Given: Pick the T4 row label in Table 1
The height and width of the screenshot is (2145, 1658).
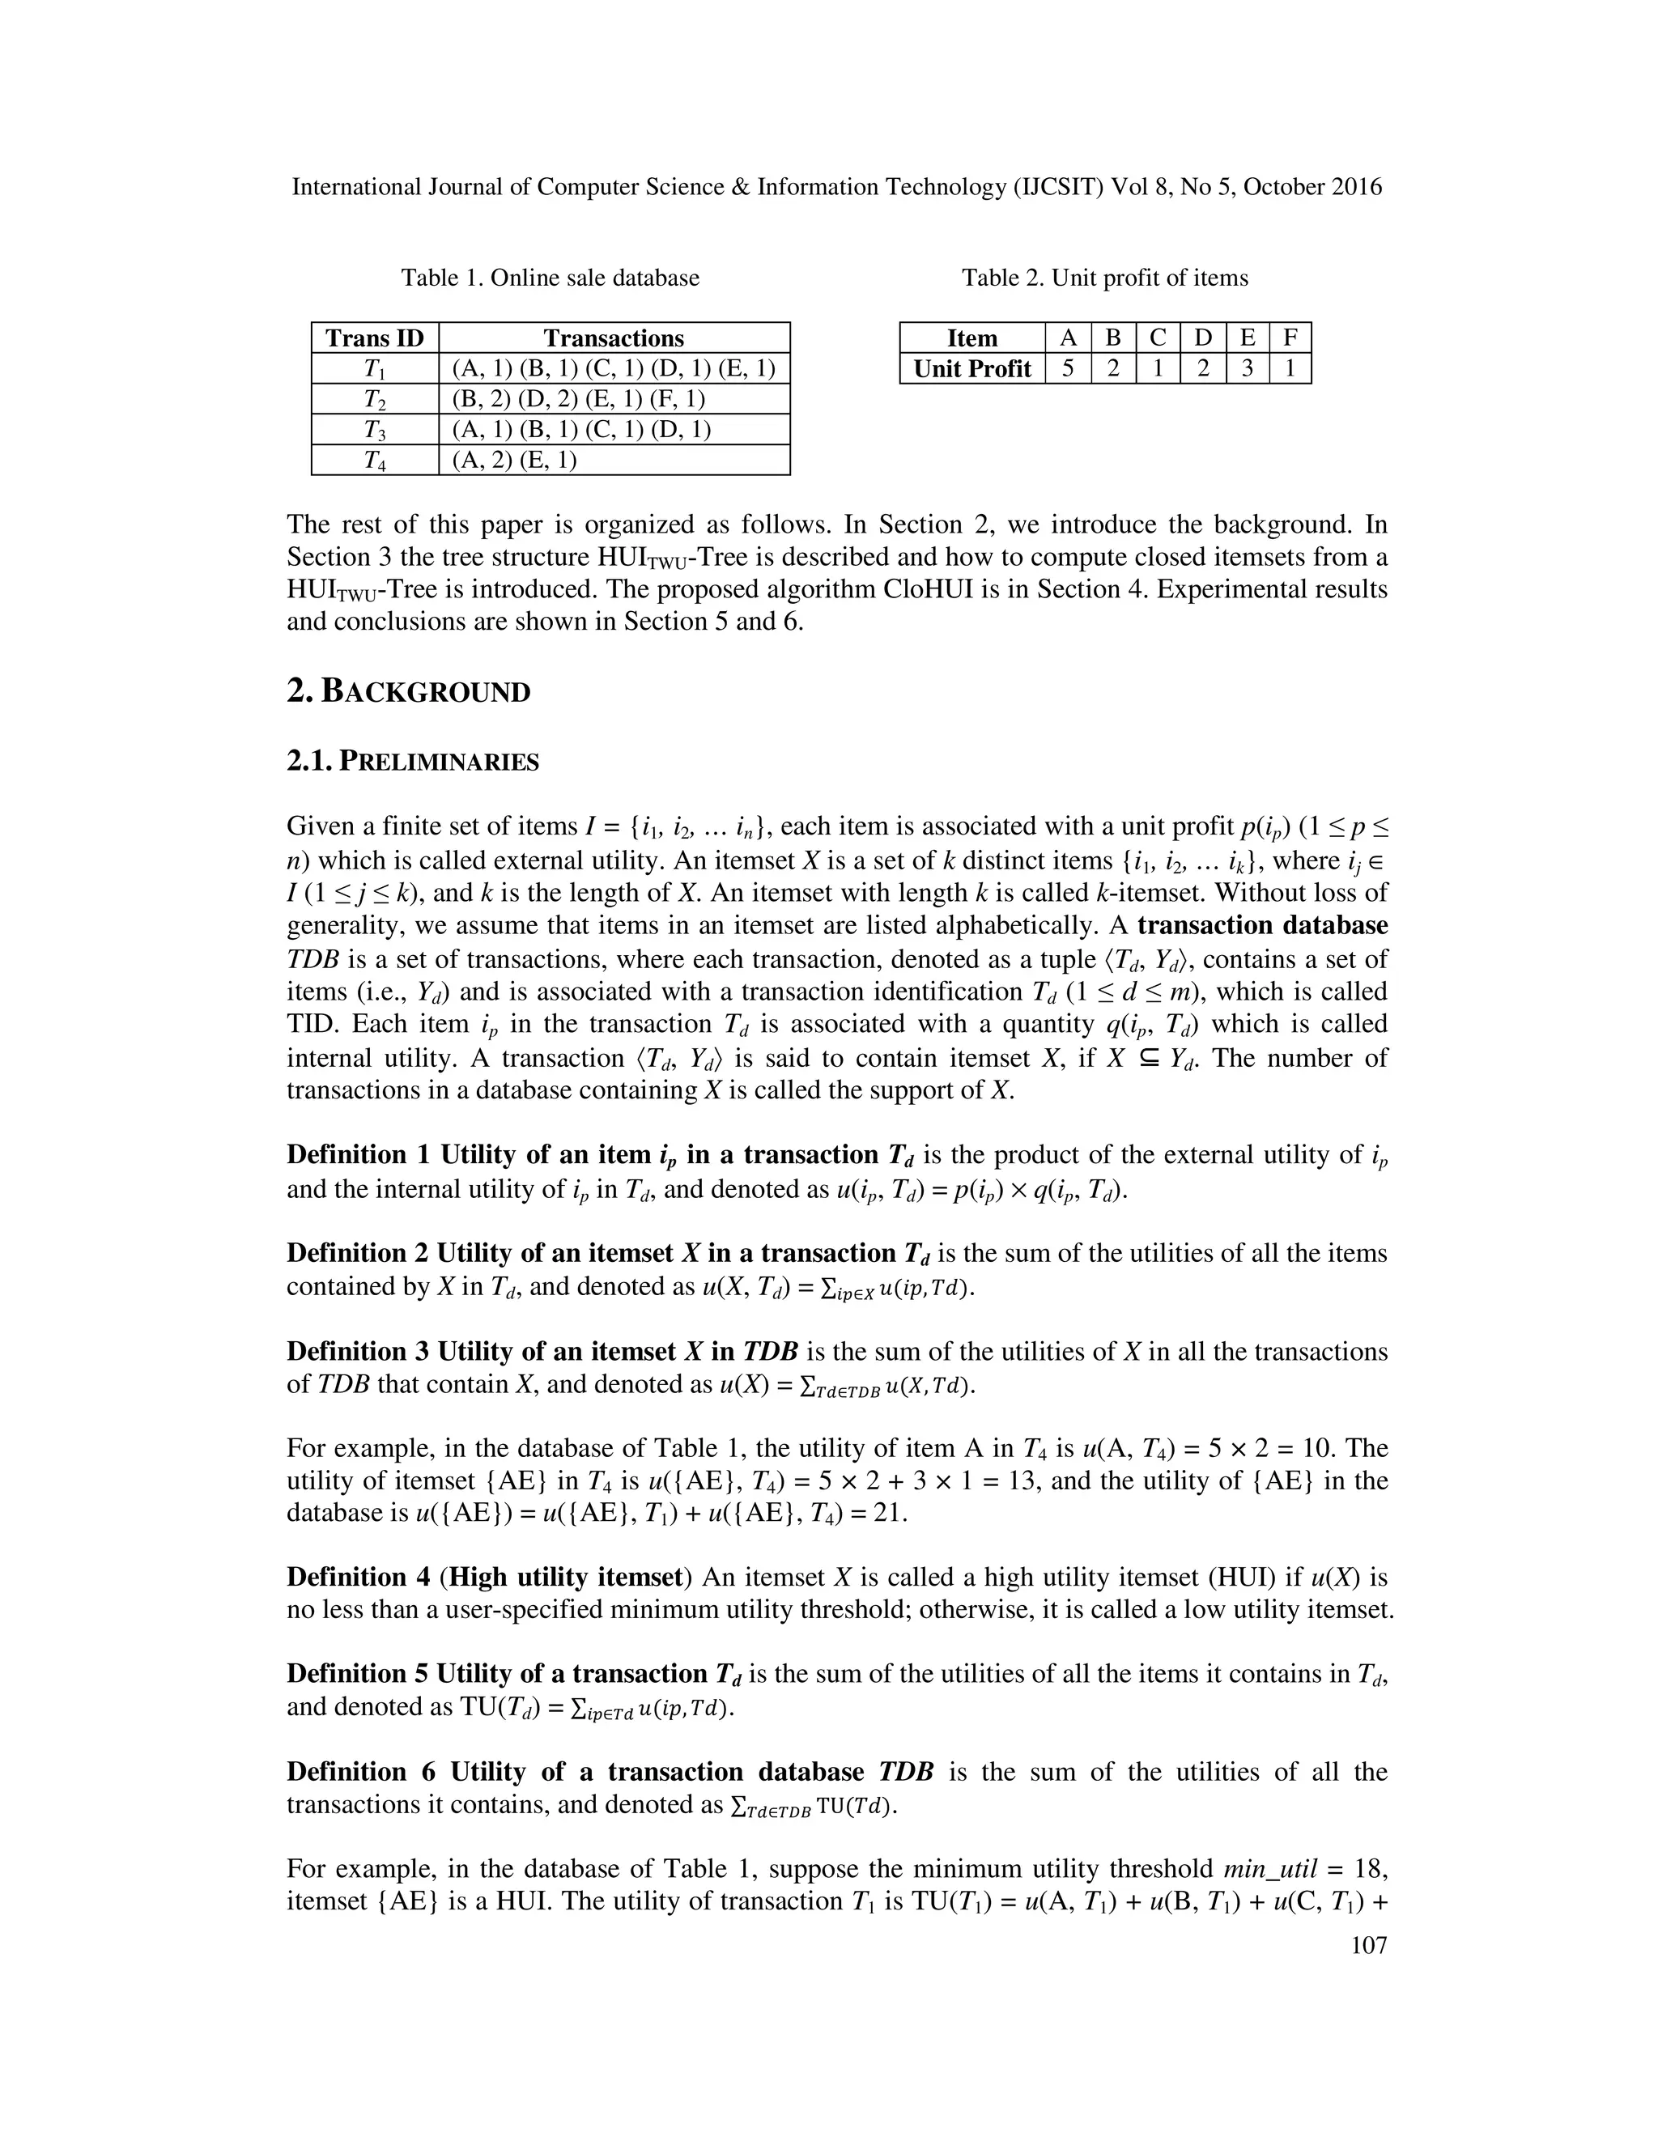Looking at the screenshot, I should click(374, 460).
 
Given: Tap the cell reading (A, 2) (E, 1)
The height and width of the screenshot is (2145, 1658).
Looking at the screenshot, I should click(515, 460).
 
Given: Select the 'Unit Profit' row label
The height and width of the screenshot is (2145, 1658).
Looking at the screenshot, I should click(971, 368).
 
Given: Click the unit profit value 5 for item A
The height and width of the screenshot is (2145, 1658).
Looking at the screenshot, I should click(1067, 368).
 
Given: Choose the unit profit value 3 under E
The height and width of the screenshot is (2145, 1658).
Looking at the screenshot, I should click(1247, 368).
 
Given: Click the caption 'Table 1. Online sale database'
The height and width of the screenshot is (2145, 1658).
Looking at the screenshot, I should click(550, 278).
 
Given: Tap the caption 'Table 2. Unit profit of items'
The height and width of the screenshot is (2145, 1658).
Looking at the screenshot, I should click(1105, 278).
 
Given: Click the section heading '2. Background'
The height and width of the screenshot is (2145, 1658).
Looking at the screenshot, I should click(408, 691).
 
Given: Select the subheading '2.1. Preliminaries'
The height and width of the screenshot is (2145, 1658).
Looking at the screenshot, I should click(413, 762).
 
